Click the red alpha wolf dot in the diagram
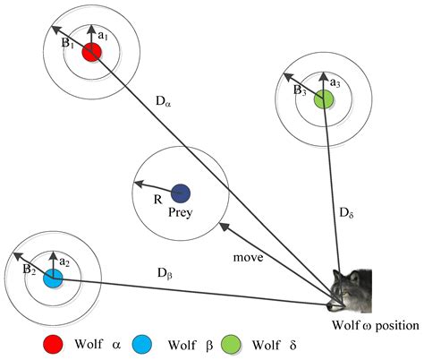coord(89,53)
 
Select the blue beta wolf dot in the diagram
coord(53,278)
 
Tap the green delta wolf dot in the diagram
coord(324,98)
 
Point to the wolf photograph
coord(351,288)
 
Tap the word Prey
coord(182,212)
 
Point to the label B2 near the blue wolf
coord(28,267)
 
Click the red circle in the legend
coord(53,344)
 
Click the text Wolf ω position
coord(374,324)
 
